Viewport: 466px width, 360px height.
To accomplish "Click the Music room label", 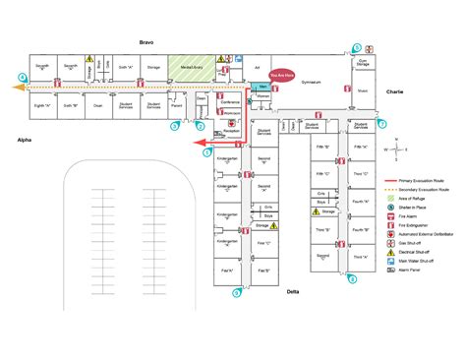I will point(362,90).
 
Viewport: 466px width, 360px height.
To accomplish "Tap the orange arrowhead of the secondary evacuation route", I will point(14,87).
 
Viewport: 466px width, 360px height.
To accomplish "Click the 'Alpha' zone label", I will point(25,141).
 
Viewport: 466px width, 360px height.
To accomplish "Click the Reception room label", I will point(233,129).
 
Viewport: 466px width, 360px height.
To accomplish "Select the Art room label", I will point(257,67).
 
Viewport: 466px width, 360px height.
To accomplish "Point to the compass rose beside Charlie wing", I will point(395,148).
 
